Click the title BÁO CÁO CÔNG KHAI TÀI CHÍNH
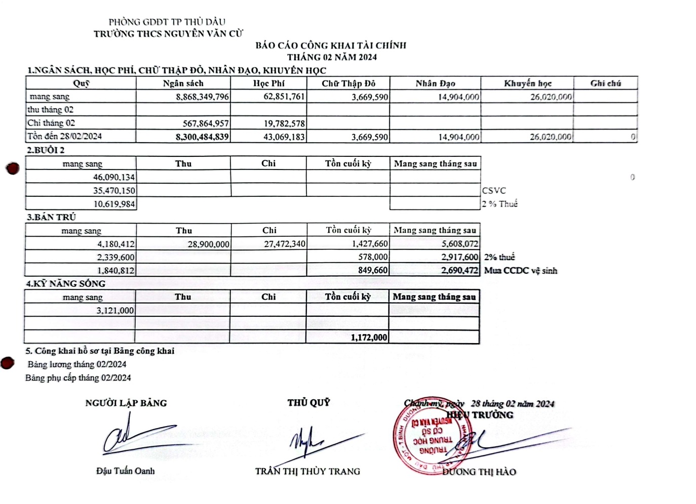tap(330, 46)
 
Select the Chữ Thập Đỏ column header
tap(348, 83)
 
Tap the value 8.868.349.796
tap(202, 97)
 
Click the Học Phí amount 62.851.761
tap(284, 96)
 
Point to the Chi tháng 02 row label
tap(51, 123)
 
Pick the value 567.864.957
tap(206, 123)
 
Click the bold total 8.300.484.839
tap(202, 137)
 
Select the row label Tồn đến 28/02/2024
tap(64, 136)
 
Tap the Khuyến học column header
tap(527, 83)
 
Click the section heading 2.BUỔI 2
tap(46, 150)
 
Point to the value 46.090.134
tap(114, 177)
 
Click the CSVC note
tap(493, 191)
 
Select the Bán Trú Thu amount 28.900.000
tap(208, 244)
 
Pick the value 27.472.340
tap(285, 244)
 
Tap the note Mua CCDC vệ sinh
tap(520, 270)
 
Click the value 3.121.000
tap(115, 311)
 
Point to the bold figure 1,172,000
tap(369, 338)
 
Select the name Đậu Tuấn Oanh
tap(126, 471)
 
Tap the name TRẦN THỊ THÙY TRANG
tap(307, 472)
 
